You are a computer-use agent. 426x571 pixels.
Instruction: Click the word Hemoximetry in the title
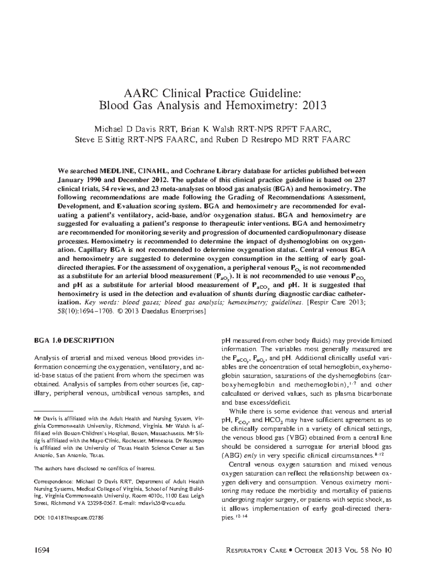260,106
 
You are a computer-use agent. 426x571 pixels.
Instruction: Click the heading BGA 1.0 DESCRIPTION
74,340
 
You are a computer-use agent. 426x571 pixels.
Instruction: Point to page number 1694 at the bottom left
41,550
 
